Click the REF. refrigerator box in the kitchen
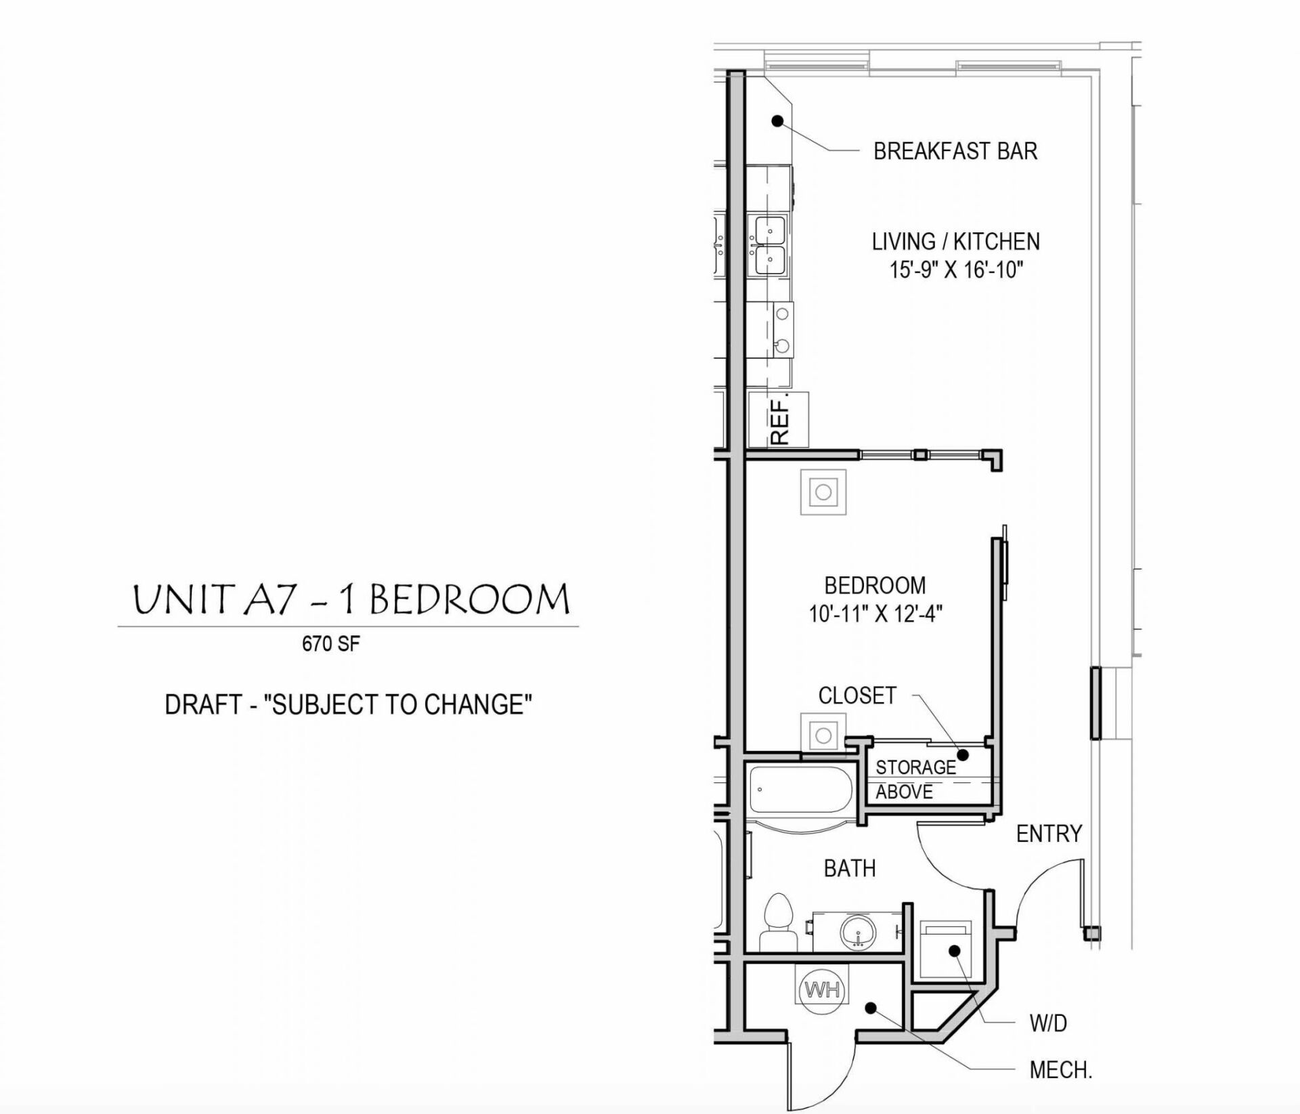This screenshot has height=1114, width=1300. (x=779, y=419)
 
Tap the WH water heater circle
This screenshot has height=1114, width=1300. (x=822, y=990)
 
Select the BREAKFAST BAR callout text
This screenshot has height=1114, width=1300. (x=955, y=151)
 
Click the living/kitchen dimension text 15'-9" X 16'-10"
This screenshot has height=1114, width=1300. (x=955, y=270)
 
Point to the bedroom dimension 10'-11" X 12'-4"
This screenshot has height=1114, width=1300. (x=875, y=614)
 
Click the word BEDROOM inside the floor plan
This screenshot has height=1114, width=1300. (x=875, y=585)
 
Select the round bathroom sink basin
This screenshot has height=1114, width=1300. (x=859, y=933)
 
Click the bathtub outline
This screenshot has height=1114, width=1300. (x=799, y=790)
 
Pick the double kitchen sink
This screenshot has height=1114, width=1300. (x=769, y=245)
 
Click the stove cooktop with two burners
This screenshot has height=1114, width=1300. (x=783, y=330)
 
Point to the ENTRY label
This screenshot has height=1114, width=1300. (x=1049, y=834)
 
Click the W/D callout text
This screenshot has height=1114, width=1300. (x=1048, y=1023)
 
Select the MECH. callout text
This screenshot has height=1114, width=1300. (x=1060, y=1070)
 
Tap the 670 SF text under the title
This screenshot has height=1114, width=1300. (x=330, y=643)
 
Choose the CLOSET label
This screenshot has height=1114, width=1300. (x=857, y=695)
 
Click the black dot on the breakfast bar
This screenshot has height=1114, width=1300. (x=778, y=121)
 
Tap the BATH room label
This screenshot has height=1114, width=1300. (x=849, y=868)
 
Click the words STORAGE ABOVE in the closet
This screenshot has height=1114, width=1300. (x=914, y=779)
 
